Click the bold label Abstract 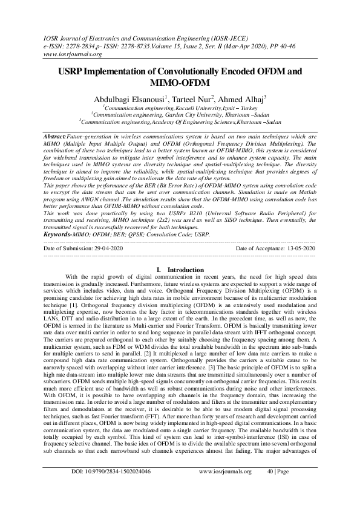[x=56, y=138]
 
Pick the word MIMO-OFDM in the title [x=180, y=82]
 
